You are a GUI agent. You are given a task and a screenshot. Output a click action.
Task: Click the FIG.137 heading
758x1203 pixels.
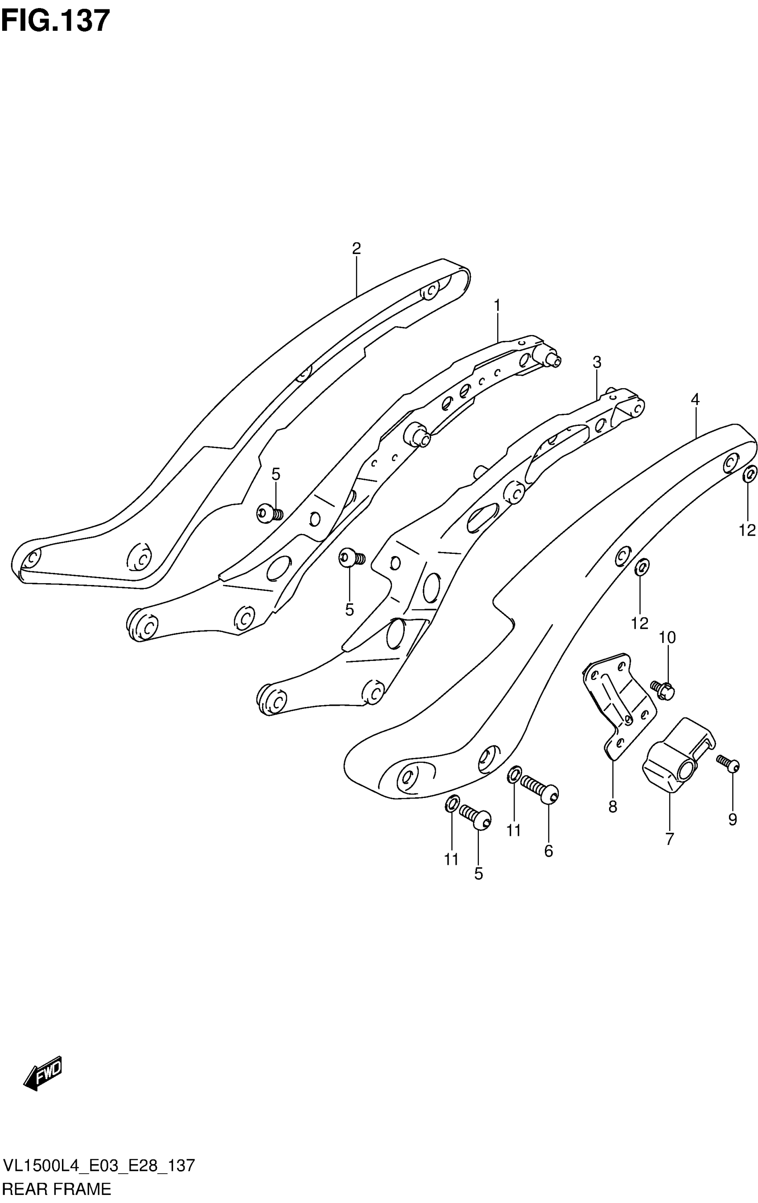(x=55, y=21)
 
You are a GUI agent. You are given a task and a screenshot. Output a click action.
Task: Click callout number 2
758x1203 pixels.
(x=356, y=248)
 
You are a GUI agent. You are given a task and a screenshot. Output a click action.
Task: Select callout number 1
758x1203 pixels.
(x=497, y=305)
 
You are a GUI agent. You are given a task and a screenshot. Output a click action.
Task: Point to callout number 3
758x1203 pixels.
(x=597, y=362)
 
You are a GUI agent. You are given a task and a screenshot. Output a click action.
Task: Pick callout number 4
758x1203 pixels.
(x=695, y=399)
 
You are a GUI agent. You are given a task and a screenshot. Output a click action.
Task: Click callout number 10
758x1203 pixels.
(x=667, y=638)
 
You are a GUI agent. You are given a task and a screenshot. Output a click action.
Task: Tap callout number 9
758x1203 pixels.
(x=732, y=819)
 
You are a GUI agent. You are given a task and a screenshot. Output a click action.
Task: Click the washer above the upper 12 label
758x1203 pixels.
(x=749, y=475)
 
